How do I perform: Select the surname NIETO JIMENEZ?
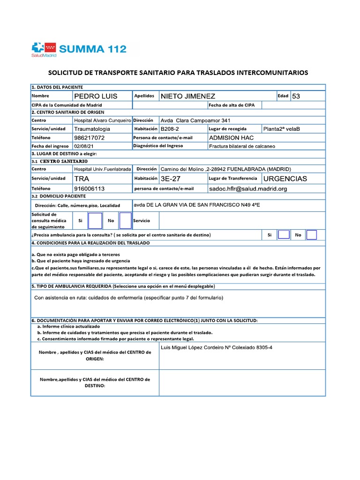188,96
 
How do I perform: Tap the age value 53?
296,96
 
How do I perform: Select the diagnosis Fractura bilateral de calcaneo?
242,146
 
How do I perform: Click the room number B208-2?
171,128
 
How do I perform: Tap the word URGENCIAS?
285,179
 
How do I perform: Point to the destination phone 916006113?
90,188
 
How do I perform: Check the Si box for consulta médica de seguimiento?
95,220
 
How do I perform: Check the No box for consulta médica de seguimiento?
125,220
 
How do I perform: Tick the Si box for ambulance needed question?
284,235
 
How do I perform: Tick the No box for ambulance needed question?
312,235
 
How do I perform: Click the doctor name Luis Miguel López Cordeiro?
199,348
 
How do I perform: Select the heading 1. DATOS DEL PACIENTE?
57,87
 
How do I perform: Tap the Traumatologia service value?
92,128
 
